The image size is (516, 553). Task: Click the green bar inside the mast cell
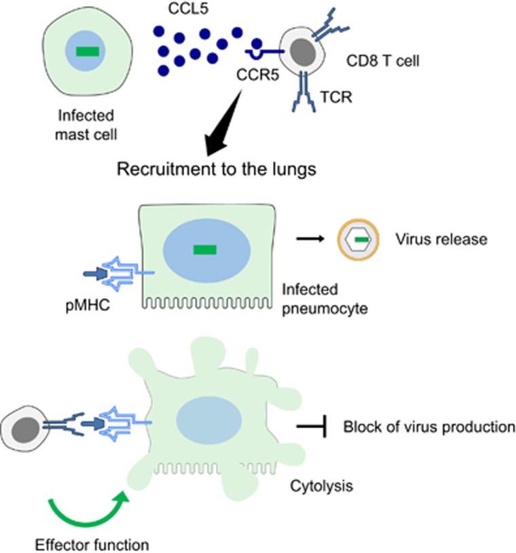coord(86,51)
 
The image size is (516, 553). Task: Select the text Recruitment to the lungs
coord(217,169)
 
